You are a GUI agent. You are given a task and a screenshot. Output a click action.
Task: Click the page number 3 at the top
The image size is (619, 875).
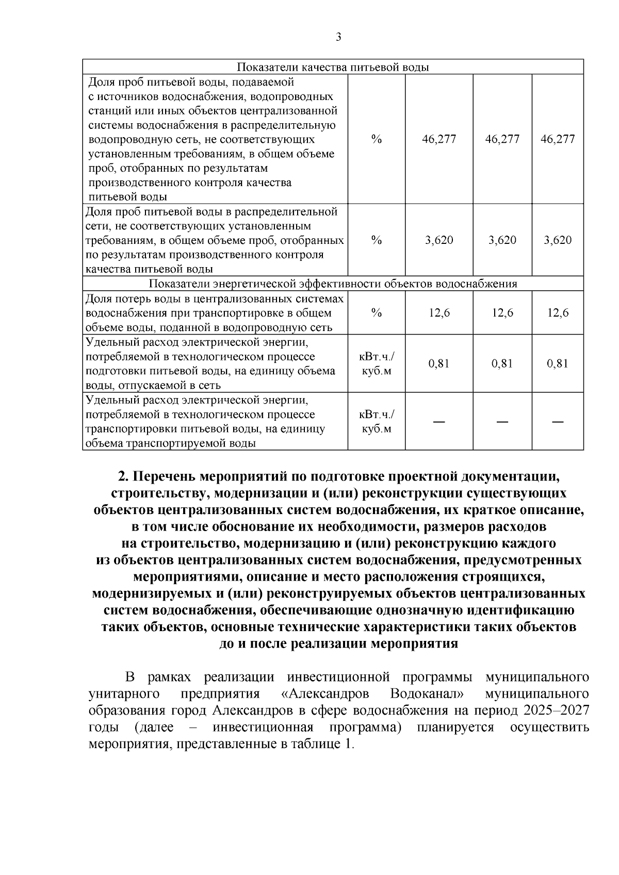[338, 37]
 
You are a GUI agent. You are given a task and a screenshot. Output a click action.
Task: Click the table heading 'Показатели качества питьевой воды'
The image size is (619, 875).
[333, 68]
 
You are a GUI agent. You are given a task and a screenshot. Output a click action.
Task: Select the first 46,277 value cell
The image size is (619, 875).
[439, 139]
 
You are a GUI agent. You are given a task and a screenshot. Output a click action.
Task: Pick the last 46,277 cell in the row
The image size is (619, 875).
[558, 139]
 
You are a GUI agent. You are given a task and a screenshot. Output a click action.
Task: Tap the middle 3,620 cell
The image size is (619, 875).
[502, 240]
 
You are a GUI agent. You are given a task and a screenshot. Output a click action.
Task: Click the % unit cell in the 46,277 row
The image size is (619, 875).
[377, 139]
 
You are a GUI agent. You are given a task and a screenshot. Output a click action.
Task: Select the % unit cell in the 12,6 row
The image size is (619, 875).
[377, 313]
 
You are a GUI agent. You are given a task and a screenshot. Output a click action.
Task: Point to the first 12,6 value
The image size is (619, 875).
[439, 313]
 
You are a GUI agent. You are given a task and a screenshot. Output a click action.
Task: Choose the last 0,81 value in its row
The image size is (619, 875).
[558, 364]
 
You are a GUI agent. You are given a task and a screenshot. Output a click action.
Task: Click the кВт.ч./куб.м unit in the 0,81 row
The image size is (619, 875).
[377, 364]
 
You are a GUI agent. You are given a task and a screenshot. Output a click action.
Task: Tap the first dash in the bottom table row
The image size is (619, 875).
[439, 422]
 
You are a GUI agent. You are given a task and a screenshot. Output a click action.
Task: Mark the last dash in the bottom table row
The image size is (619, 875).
[558, 422]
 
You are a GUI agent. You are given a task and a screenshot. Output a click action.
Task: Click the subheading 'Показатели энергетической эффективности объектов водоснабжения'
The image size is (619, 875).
[333, 284]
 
